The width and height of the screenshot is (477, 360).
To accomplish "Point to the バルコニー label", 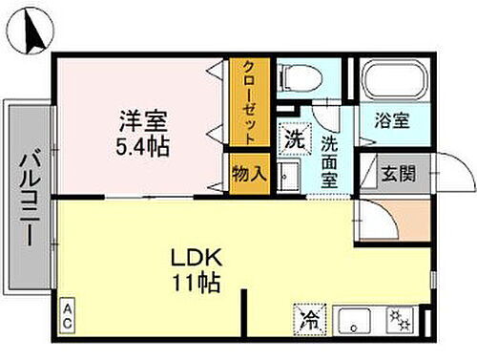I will (30, 198).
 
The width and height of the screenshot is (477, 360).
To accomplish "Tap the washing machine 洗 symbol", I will (293, 136).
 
